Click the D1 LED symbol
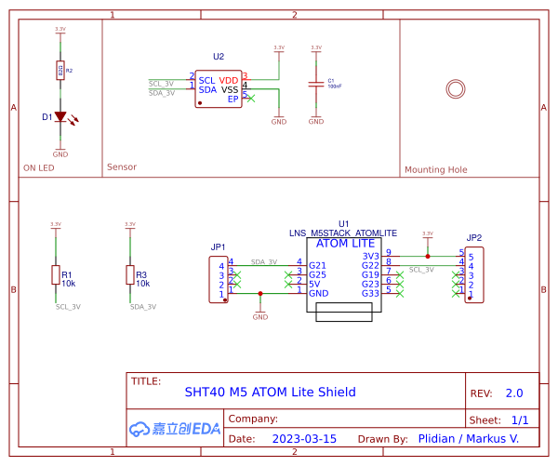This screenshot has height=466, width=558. pos(60,117)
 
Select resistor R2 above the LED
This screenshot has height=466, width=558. pos(60,71)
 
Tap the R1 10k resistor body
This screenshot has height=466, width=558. pos(55,274)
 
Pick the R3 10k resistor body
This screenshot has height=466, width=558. pos(129,274)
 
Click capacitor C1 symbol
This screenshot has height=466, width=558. pos(316,85)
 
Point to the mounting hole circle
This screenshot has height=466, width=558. pos(455,88)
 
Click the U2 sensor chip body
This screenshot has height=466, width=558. pos(219,88)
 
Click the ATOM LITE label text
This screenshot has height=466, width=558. pos(346,244)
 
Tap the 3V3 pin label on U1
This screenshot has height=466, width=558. pos(370,256)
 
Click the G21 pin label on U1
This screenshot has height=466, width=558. pos(317,265)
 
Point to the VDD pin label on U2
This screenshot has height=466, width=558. pos(229,80)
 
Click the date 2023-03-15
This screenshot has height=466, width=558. pos(304,438)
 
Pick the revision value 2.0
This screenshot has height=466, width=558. pos(513,393)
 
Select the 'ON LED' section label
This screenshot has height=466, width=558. pos(38,168)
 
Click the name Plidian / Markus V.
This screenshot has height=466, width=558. pos(468,438)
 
